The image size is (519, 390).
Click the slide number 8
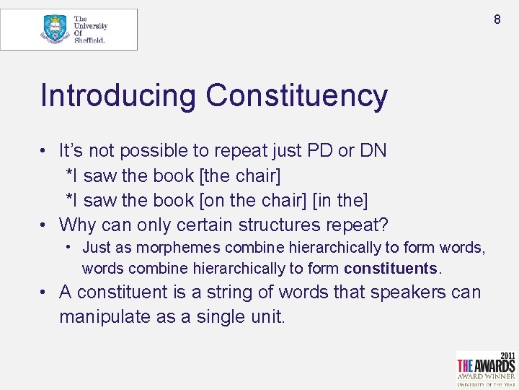click(497, 19)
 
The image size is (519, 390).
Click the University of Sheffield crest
click(54, 29)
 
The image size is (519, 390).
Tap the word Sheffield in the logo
click(90, 40)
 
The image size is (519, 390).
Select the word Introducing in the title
click(118, 96)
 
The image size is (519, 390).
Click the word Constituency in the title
click(296, 96)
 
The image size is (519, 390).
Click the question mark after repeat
click(383, 225)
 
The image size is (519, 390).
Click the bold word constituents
click(390, 269)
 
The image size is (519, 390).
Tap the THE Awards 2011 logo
click(486, 369)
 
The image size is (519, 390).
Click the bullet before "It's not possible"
click(45, 151)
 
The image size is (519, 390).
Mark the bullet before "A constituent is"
click(45, 293)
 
